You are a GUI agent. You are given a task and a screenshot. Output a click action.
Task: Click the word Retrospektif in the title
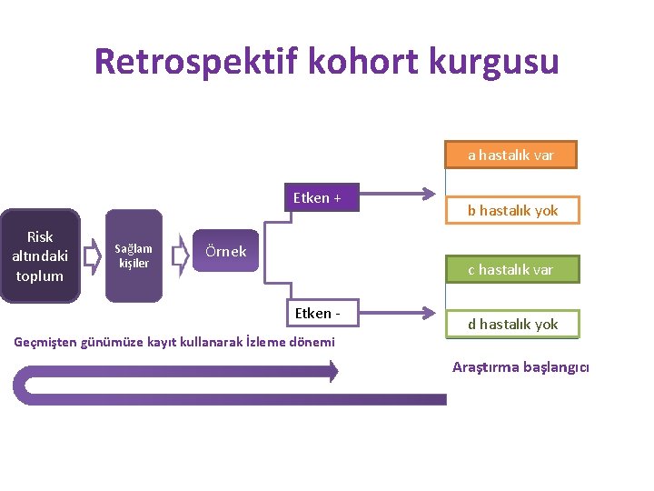click(x=196, y=62)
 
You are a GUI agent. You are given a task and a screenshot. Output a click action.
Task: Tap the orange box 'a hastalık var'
click(x=510, y=155)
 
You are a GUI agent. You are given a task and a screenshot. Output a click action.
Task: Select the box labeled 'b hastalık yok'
click(x=511, y=211)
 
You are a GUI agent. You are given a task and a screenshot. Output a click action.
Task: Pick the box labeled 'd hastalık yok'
click(x=511, y=325)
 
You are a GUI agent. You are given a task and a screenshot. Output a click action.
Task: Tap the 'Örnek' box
click(x=225, y=252)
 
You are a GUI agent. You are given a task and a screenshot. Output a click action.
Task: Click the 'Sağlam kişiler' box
click(x=134, y=256)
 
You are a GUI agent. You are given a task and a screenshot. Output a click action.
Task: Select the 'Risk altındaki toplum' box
click(x=40, y=256)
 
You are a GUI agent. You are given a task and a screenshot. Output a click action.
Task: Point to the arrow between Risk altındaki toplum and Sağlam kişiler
click(x=92, y=256)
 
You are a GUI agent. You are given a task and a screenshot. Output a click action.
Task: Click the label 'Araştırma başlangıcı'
click(x=520, y=367)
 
